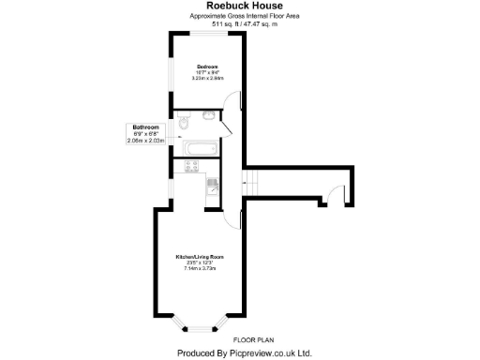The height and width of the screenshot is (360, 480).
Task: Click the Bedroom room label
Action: (x=207, y=67)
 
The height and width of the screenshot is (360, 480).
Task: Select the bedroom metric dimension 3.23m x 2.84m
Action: (x=207, y=78)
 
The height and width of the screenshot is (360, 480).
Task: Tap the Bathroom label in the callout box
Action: (x=145, y=127)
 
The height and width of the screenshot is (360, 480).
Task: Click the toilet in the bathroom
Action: (x=185, y=122)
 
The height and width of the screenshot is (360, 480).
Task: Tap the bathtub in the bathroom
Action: (x=200, y=147)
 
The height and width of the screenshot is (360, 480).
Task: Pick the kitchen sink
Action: (x=212, y=183)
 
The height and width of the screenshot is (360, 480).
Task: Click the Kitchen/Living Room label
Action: (x=199, y=256)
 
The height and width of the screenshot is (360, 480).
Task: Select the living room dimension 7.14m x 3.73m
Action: (x=199, y=268)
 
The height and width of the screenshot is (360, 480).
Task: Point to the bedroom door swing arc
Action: (x=234, y=106)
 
